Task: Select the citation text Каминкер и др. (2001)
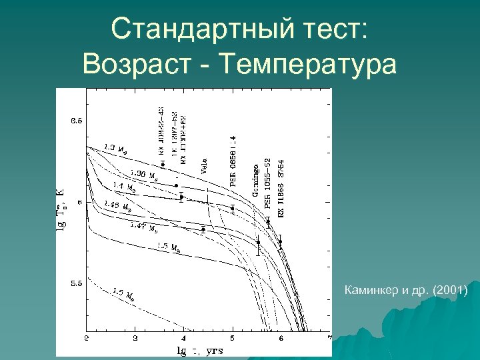pyautogui.click(x=406, y=291)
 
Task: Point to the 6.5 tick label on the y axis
pyautogui.click(x=77, y=121)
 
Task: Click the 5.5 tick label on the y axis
pyautogui.click(x=77, y=283)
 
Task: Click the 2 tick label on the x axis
pyautogui.click(x=87, y=339)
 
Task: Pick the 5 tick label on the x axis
pyautogui.click(x=233, y=339)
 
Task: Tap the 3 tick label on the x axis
pyautogui.click(x=135, y=339)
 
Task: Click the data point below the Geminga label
pyautogui.click(x=258, y=243)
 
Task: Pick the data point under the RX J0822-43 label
pyautogui.click(x=162, y=164)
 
